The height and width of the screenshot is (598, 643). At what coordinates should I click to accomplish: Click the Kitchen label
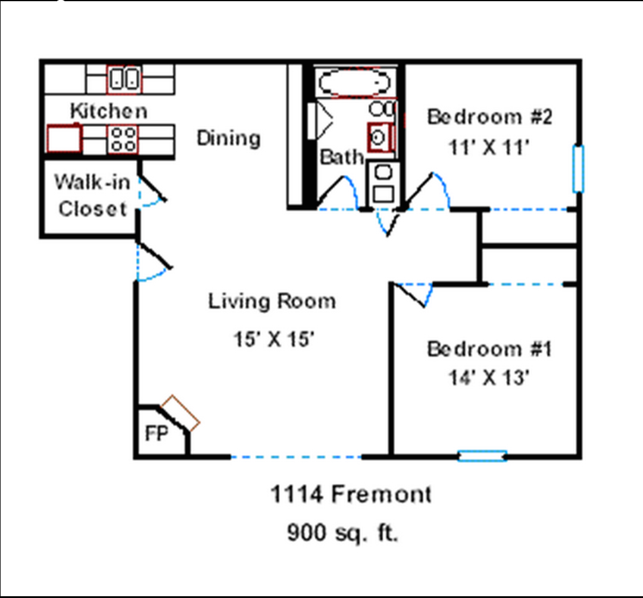click(x=109, y=111)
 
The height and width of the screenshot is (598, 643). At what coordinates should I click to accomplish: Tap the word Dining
click(x=229, y=138)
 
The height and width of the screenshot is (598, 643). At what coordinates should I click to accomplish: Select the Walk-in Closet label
click(x=92, y=196)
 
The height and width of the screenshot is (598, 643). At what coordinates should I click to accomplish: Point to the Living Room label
click(x=272, y=301)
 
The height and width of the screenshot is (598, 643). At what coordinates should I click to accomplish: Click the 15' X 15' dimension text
click(x=274, y=339)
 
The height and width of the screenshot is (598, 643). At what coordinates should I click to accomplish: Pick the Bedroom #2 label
click(x=489, y=117)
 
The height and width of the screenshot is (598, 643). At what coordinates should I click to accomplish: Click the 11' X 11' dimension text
click(x=489, y=147)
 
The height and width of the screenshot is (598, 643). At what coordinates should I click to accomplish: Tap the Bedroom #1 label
click(x=489, y=349)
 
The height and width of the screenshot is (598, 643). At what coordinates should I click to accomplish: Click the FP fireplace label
click(x=157, y=433)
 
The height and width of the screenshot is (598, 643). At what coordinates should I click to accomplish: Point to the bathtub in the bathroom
click(x=355, y=82)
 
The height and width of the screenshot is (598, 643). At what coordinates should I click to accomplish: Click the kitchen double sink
click(x=124, y=79)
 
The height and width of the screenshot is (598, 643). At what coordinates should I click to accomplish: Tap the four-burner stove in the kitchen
click(x=123, y=140)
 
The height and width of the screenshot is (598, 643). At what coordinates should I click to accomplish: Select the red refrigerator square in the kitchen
click(x=64, y=138)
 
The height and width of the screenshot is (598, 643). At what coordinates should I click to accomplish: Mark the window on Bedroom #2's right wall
click(x=578, y=168)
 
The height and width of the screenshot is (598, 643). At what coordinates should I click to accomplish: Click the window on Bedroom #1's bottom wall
click(x=482, y=456)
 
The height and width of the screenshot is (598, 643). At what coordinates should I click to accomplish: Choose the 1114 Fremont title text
click(x=351, y=494)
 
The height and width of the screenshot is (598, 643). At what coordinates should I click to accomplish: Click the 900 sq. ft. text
click(x=343, y=532)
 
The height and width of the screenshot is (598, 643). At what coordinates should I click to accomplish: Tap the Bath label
click(x=342, y=157)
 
